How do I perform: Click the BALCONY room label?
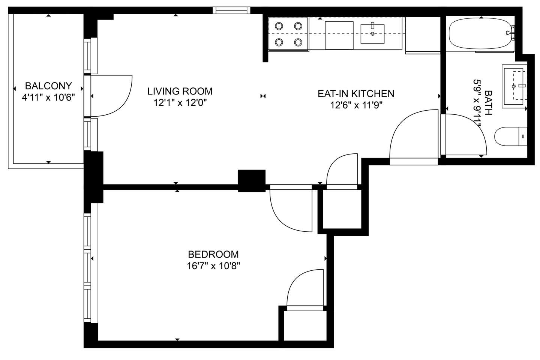48,86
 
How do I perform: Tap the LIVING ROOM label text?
180,91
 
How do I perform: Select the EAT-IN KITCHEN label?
356,93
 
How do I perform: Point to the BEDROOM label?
213,254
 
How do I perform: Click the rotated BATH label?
488,102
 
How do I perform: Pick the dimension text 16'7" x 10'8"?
213,266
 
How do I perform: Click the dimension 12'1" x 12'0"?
180,103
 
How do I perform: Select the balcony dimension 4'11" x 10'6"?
48,97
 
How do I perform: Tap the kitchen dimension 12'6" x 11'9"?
356,105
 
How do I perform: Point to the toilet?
511,136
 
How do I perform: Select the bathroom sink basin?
513,86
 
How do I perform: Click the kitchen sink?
372,34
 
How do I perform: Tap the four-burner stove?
289,34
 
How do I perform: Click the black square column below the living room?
252,181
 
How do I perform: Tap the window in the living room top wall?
231,10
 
